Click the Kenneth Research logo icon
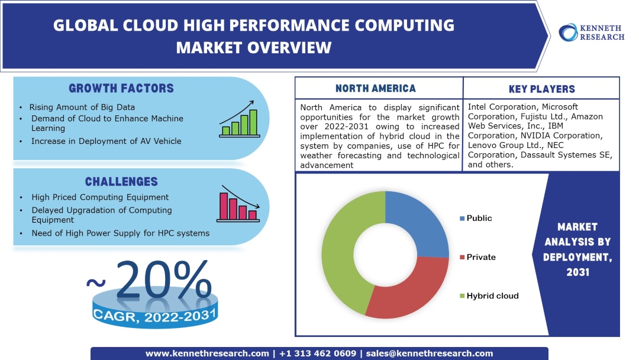pos(569,32)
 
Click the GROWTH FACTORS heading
pos(121,89)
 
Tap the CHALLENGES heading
pos(121,182)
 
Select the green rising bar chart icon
pos(239,123)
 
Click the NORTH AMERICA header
pos(376,89)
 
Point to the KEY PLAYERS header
pos(541,89)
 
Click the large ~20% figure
pos(151,280)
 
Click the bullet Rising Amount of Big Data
pos(83,107)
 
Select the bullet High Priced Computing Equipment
pos(100,197)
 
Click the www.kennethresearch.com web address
pos(207,353)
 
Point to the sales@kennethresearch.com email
pos(430,353)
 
